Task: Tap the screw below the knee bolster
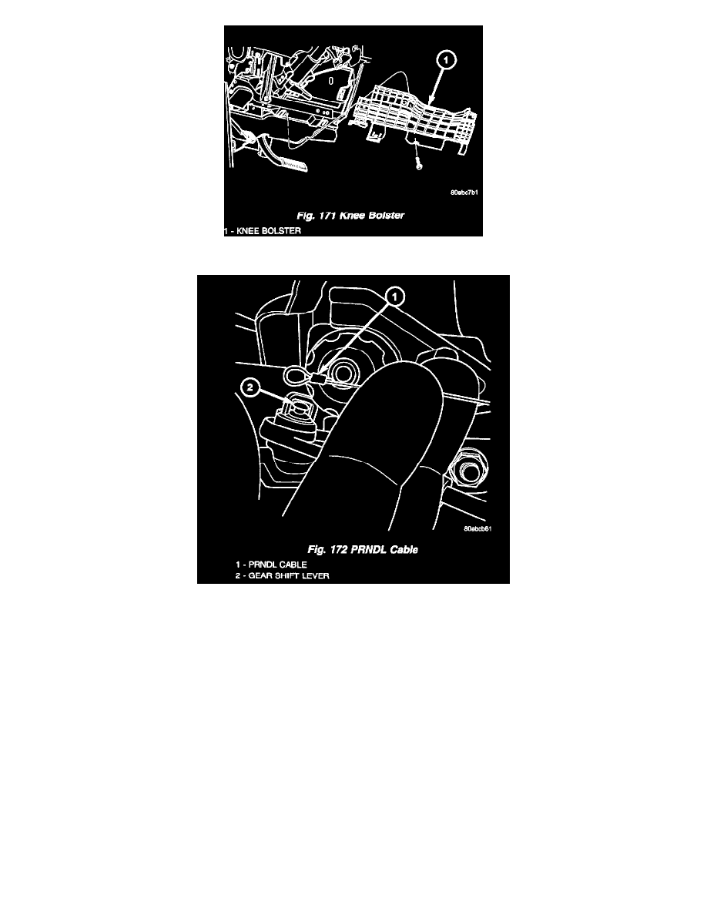pos(417,163)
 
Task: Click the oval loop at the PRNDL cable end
pos(297,375)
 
